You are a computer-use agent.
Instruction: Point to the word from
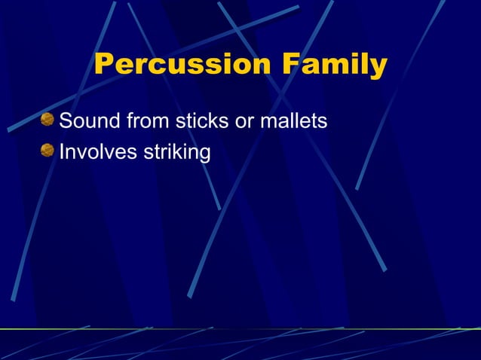coord(148,121)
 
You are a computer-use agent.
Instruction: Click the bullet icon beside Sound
coord(47,119)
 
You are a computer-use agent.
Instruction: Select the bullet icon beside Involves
coord(47,151)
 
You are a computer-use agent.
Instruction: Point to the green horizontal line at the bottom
coord(240,328)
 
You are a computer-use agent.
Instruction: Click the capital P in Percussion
coord(106,65)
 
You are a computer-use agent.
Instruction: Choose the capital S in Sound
coord(66,121)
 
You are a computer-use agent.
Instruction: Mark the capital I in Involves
coord(62,152)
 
